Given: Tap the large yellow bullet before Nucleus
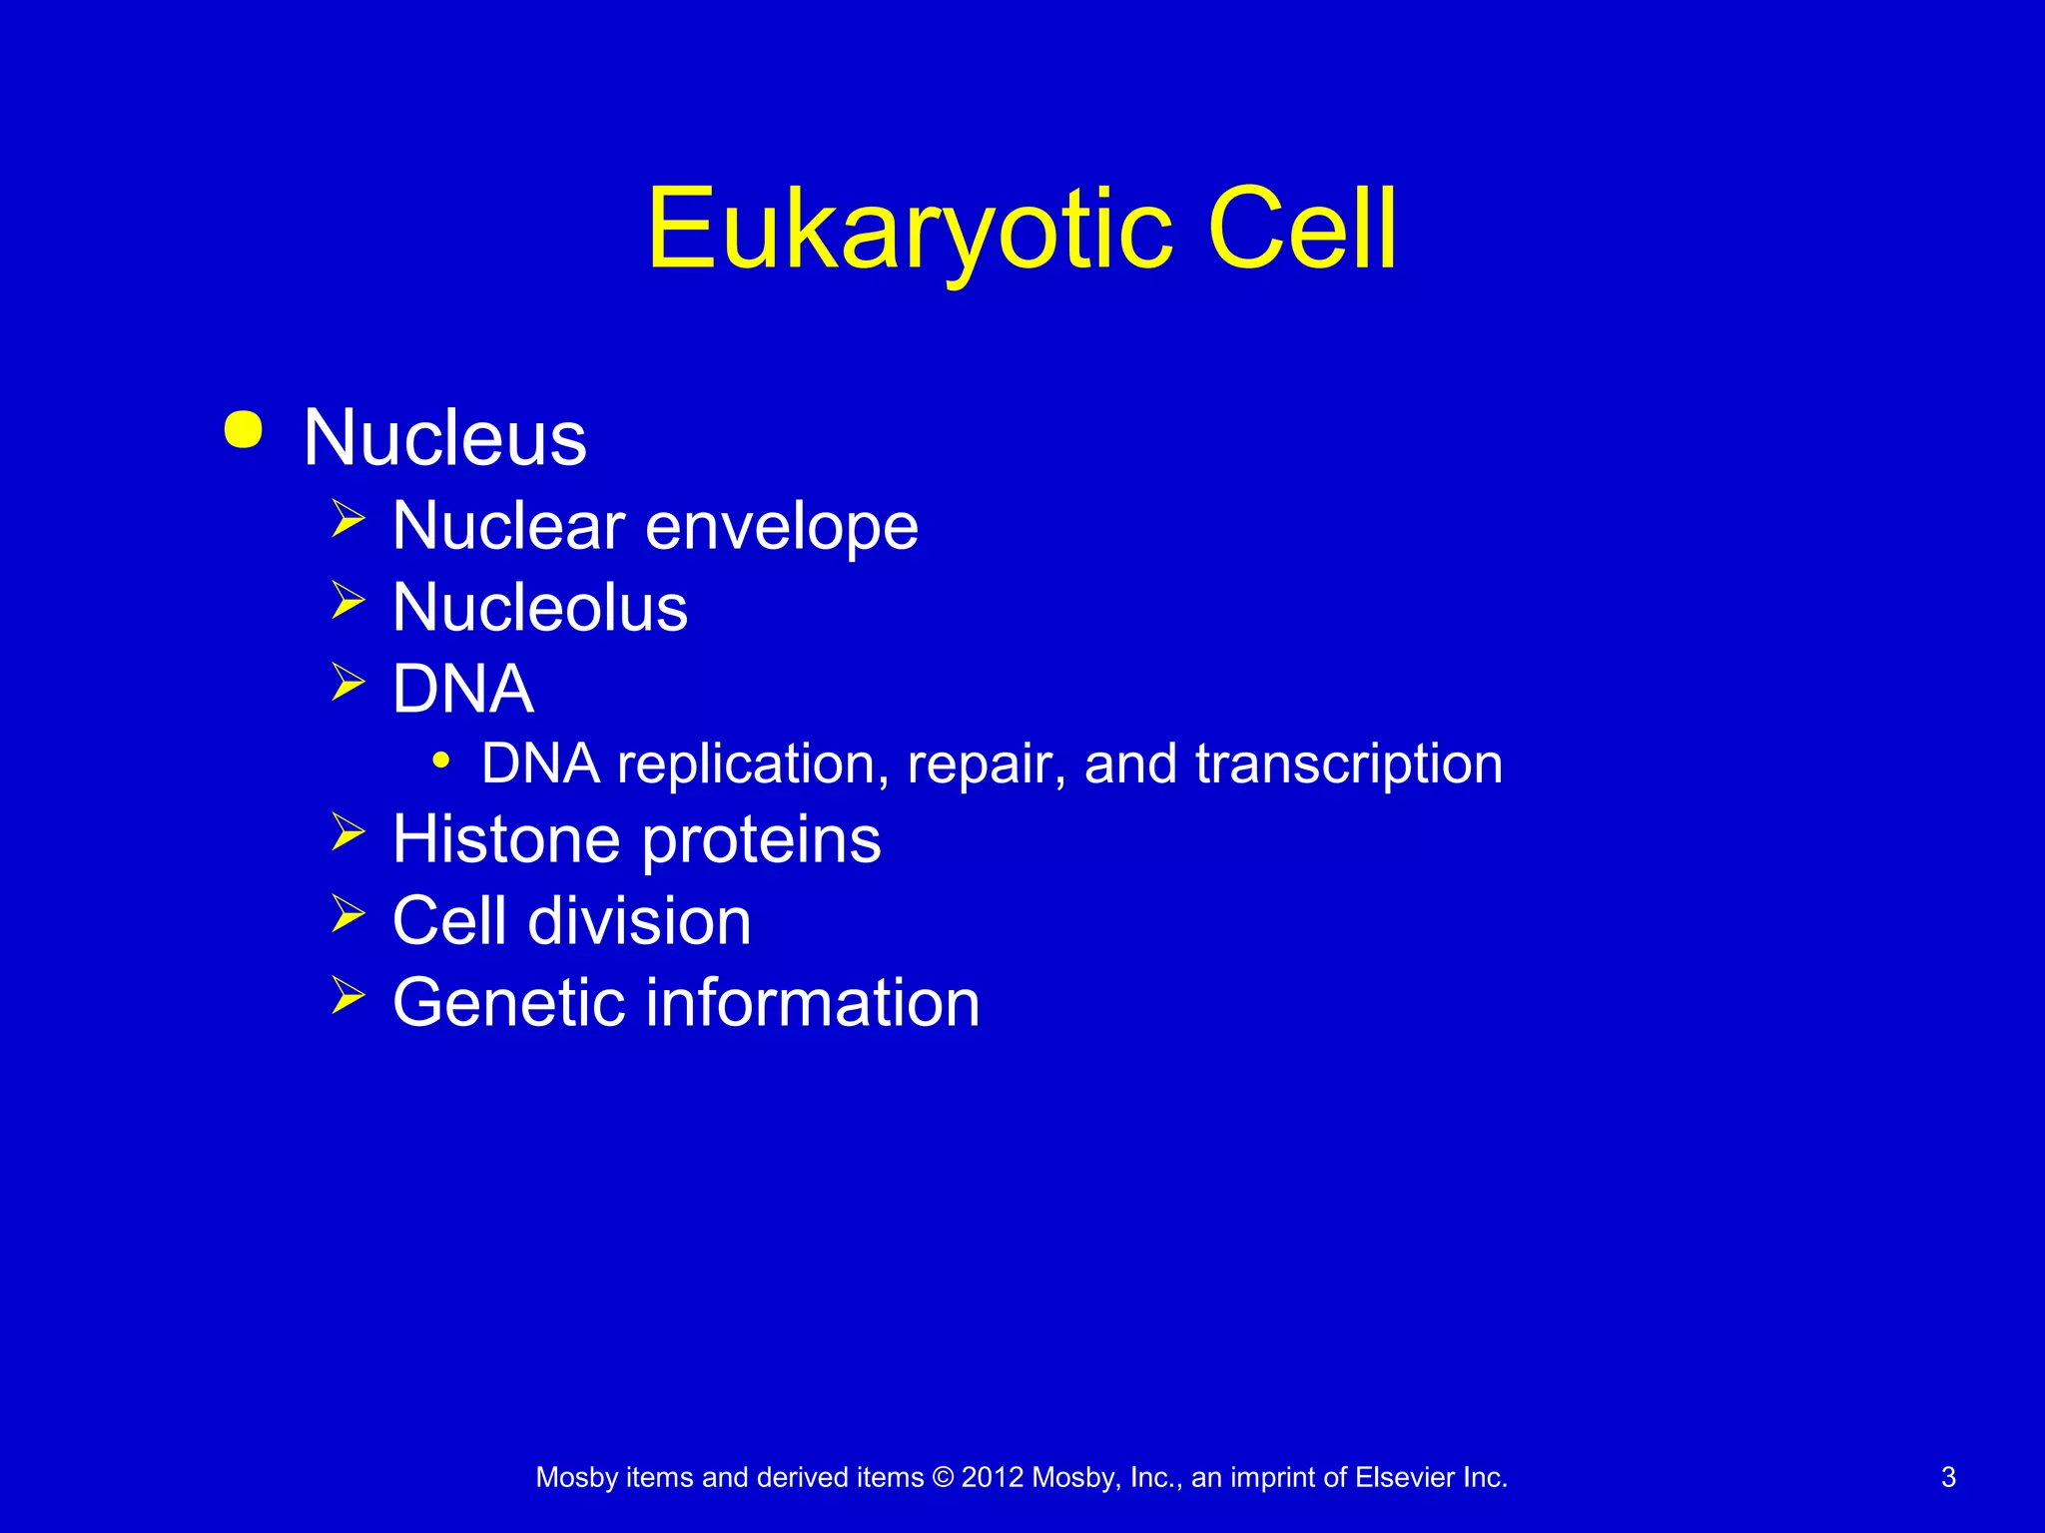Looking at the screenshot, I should (244, 430).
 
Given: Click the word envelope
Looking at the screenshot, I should (781, 527).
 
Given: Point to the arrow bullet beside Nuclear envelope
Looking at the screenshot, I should (348, 519).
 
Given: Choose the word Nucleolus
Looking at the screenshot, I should (540, 607).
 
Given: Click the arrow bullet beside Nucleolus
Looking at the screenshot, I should (348, 601).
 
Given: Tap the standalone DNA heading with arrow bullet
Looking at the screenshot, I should (463, 689).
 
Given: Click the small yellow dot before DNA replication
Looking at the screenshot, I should (441, 762).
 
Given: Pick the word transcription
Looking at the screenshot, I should (1348, 765).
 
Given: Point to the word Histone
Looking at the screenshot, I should (508, 838).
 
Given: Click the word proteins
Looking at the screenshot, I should (761, 840).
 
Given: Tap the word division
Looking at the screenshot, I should (639, 920).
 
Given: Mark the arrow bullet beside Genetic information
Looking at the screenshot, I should (348, 995).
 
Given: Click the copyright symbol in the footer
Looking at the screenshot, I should (943, 1477).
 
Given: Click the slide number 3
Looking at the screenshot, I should (1948, 1477).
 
